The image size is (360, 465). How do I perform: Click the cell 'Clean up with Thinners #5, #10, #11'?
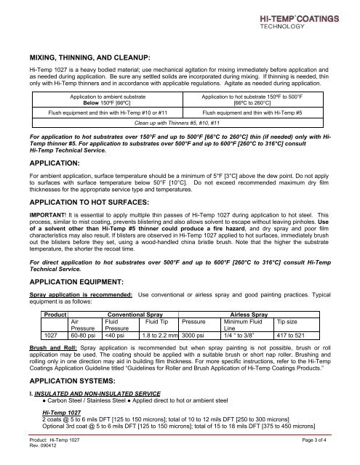point(179,123)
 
